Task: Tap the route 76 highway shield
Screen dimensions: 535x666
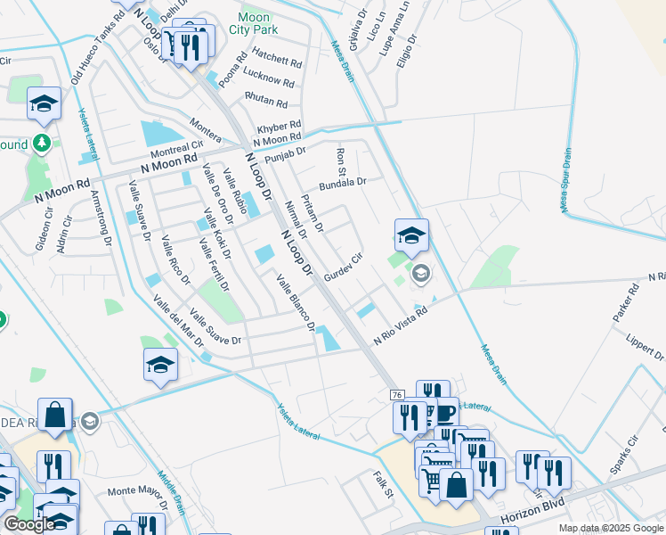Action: pyautogui.click(x=397, y=394)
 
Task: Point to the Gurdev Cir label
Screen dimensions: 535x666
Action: pyautogui.click(x=344, y=267)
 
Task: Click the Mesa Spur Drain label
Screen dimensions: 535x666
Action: pyautogui.click(x=566, y=179)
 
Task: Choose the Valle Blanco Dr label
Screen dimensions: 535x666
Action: pyautogui.click(x=296, y=303)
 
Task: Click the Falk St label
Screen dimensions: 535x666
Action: pyautogui.click(x=383, y=484)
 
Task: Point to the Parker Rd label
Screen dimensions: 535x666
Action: pyautogui.click(x=626, y=303)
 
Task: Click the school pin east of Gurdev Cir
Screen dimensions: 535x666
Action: pyautogui.click(x=411, y=236)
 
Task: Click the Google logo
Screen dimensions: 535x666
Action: pyautogui.click(x=29, y=524)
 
